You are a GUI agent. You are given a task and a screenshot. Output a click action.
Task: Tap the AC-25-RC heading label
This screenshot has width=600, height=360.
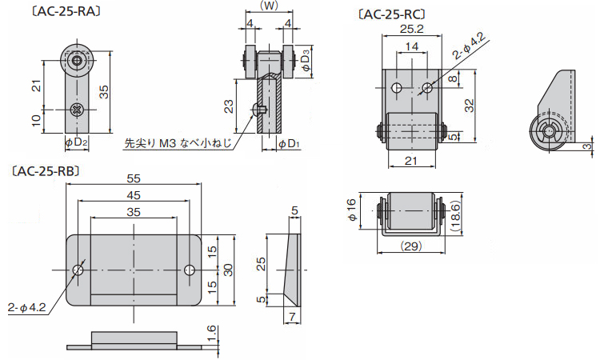point(391,14)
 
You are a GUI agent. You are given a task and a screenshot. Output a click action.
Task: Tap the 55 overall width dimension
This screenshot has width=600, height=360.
point(134,178)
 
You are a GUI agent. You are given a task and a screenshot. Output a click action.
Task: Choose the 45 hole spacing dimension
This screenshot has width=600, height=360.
point(134,194)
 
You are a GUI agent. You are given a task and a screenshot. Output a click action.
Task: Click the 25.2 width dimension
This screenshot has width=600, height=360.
point(410,30)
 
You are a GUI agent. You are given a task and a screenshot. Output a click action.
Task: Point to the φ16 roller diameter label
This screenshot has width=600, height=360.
point(351,210)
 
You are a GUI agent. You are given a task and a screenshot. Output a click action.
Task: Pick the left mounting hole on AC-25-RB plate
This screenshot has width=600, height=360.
point(78,270)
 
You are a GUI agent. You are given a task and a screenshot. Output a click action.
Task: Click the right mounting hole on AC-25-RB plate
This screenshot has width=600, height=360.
point(190,270)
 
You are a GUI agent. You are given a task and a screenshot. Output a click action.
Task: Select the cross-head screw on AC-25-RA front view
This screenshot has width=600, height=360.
point(77,109)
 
